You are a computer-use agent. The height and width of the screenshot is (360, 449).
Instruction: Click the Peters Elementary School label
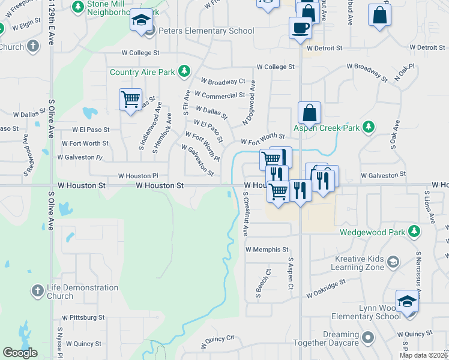point(199,31)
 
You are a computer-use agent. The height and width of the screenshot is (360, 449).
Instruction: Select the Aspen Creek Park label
point(326,128)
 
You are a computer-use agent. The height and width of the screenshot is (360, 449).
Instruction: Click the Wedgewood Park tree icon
point(414,231)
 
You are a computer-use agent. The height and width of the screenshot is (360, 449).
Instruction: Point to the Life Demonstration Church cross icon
point(37,291)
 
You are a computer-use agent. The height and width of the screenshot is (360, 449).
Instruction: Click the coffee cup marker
point(300,27)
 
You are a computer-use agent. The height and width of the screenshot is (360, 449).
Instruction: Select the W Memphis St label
point(267,249)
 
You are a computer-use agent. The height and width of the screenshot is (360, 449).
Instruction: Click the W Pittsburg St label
point(83,317)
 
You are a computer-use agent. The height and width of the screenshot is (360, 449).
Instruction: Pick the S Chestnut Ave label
point(245,213)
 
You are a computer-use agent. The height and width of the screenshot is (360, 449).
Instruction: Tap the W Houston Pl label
point(137,176)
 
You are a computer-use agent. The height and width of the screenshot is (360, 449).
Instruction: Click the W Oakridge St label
point(326,288)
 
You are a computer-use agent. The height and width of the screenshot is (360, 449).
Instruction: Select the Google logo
point(20,353)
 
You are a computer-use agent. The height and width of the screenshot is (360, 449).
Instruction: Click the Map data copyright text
point(423,355)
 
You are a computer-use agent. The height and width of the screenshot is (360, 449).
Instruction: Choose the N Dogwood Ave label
point(249,103)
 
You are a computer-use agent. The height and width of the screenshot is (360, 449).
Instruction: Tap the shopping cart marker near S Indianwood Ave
point(130,99)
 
